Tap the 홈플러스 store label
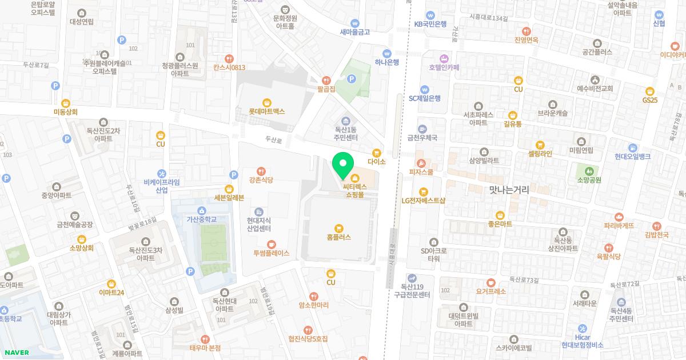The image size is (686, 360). click(338, 237)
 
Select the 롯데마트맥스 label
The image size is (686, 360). click(266, 111)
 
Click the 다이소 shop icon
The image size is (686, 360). click(376, 153)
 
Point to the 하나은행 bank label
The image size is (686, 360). click(387, 62)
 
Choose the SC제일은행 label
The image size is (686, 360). click(424, 98)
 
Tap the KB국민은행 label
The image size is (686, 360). click(430, 24)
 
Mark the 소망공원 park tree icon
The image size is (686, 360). click(589, 170)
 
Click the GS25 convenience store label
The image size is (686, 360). click(649, 99)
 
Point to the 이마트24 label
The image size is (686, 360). click(111, 292)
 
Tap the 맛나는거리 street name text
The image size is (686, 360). click(509, 190)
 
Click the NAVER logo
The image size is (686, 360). click(16, 353)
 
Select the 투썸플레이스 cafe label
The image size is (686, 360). click(272, 253)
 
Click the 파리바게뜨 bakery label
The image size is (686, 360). click(619, 225)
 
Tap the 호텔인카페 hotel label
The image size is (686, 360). click(444, 67)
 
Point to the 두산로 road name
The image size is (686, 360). click(274, 139)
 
